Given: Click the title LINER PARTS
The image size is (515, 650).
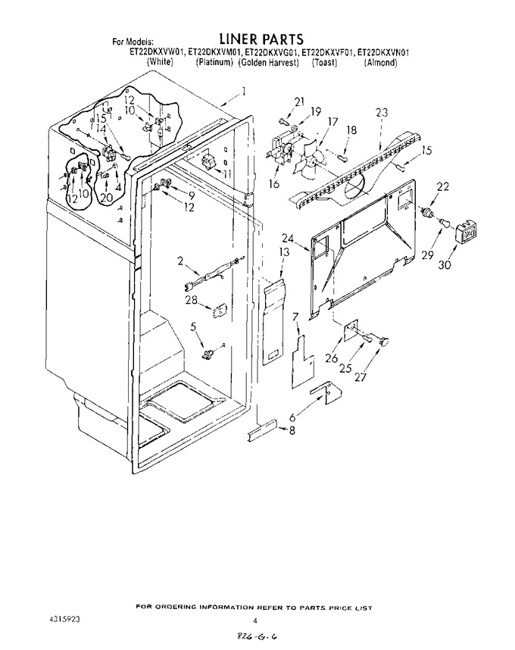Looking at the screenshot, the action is [261, 39].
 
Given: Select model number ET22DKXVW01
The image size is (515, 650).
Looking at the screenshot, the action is [157, 52].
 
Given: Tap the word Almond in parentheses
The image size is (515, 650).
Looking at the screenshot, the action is [380, 63].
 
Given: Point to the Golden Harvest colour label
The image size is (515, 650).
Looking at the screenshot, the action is [268, 63].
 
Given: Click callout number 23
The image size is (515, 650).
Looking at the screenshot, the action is [382, 112].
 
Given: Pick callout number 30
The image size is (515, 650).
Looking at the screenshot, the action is [444, 264].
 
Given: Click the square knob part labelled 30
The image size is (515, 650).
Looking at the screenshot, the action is [466, 233].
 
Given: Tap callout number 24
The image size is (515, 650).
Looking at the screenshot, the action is [300, 239].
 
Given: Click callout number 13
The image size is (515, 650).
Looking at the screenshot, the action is [283, 252].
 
